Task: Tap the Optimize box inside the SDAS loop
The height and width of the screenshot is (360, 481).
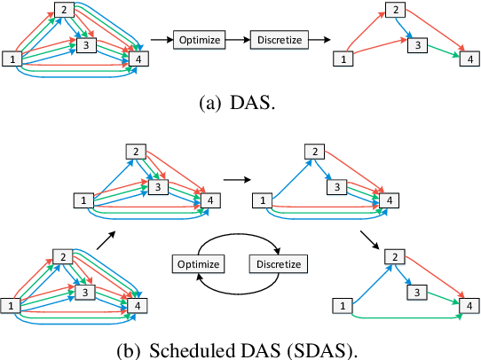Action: [198, 263]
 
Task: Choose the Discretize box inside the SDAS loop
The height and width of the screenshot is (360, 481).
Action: [279, 263]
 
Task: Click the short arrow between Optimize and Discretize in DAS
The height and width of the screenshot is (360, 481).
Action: [237, 40]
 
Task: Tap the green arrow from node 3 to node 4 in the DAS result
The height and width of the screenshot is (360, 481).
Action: [439, 51]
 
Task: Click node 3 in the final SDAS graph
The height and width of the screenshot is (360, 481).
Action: [415, 291]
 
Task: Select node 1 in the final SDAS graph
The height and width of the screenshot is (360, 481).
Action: [340, 305]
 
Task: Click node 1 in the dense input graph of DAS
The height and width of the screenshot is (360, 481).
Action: [12, 59]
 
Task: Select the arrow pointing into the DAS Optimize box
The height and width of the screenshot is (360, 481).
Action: [160, 40]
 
